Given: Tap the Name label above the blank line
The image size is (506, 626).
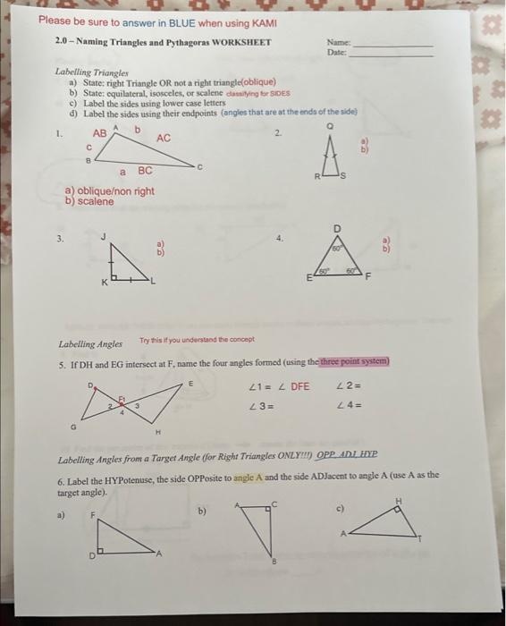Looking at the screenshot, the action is click(338, 42).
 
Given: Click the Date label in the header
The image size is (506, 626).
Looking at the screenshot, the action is click(336, 52).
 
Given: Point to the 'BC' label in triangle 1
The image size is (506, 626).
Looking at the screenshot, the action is click(145, 170).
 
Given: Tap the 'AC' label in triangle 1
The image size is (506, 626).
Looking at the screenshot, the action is click(164, 138).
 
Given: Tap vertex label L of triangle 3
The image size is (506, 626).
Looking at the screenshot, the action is click(153, 283).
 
